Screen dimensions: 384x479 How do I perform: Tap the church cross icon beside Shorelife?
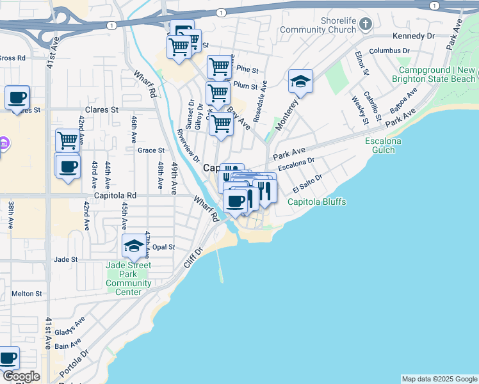(366, 25)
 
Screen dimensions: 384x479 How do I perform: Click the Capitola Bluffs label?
(316, 202)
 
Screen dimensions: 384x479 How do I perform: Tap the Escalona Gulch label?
(384, 145)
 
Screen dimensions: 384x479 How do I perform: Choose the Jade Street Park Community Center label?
(129, 278)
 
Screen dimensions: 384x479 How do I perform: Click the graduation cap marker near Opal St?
(133, 245)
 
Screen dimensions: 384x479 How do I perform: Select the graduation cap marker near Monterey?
(300, 81)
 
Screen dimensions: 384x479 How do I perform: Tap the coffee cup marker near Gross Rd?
(17, 98)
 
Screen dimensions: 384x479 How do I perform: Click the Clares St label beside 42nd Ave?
(102, 109)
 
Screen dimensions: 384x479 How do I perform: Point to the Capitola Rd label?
(115, 195)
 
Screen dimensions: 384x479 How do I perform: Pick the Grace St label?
(151, 150)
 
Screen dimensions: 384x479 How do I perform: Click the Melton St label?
(27, 294)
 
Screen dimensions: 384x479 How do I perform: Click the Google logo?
(20, 376)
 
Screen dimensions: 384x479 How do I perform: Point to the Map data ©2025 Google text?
(439, 379)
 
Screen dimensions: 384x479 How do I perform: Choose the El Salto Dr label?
(307, 184)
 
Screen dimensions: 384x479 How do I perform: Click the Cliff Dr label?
(194, 255)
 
